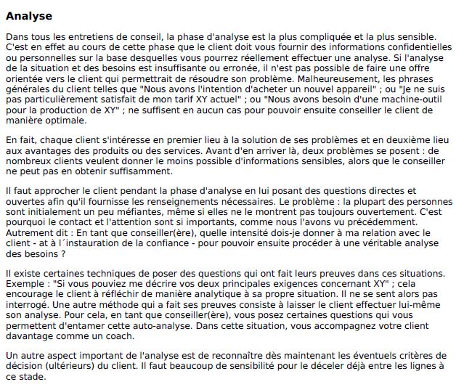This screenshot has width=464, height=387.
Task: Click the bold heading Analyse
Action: click(x=28, y=15)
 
